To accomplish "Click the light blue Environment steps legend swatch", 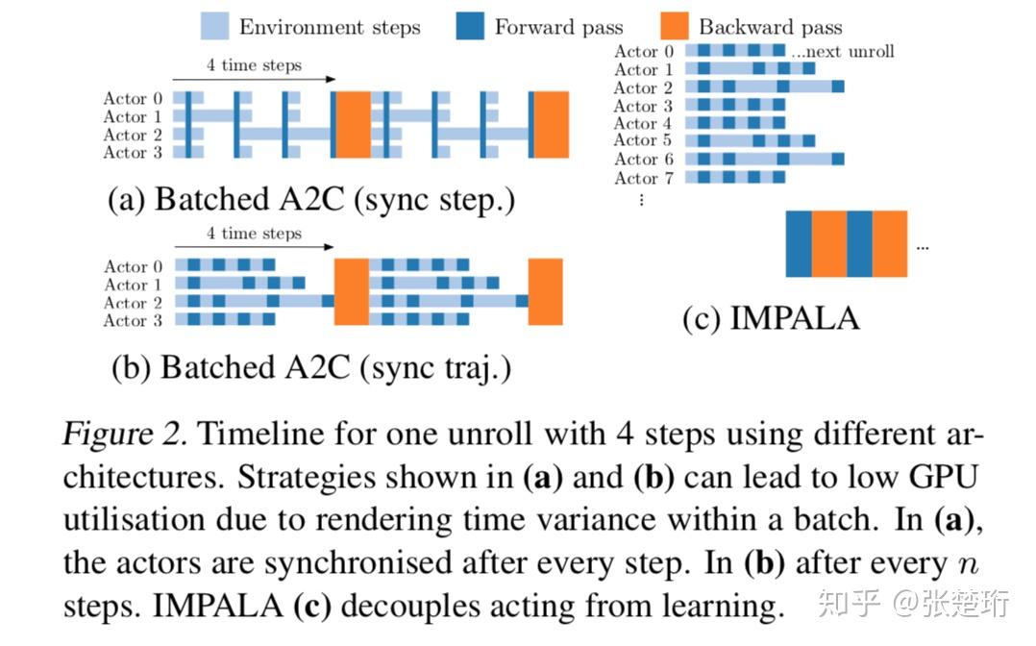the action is coord(214,27).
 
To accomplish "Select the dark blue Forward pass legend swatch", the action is coord(470,27).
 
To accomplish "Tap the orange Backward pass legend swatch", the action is coord(675,27).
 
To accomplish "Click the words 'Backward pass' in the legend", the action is coord(771,27).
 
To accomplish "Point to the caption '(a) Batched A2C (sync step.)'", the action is coord(311,199).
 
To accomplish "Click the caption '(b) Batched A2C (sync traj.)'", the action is coord(311,367).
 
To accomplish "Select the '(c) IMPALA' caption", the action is coord(771,318).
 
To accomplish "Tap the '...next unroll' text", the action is coord(843,52).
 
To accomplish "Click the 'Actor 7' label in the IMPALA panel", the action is coord(644,178).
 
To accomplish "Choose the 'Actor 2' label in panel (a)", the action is coord(133,135).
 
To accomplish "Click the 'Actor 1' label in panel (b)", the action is coord(133,285).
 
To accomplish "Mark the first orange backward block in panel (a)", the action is coord(353,124).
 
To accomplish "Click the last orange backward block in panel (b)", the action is coord(545,291).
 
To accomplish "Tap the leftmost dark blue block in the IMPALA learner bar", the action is coord(798,243).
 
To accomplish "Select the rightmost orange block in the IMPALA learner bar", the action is coord(889,243).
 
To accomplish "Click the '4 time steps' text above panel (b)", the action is coord(254,234).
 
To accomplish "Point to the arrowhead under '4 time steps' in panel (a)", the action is coord(332,80).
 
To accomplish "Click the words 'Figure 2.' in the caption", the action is coord(125,435).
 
